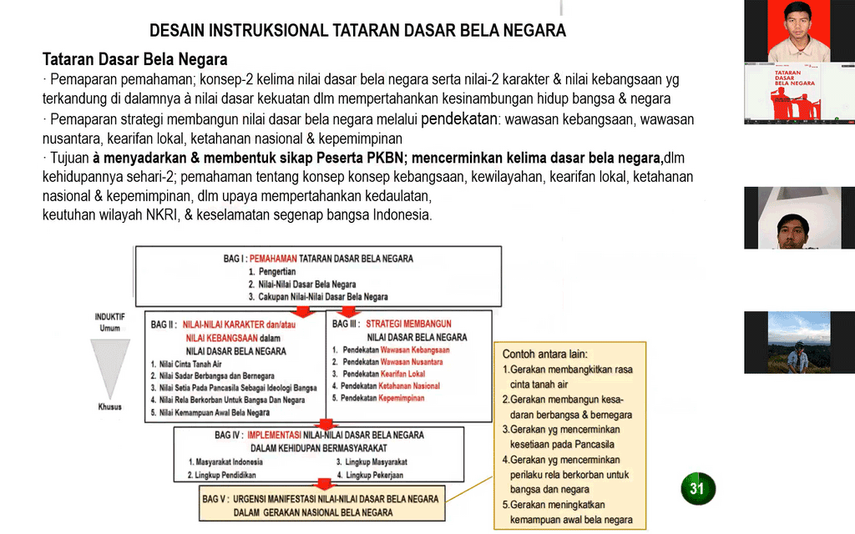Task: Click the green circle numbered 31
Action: click(x=697, y=489)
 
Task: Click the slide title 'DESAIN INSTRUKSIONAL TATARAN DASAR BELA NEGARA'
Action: click(x=357, y=31)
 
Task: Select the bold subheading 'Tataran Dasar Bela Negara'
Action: click(x=135, y=61)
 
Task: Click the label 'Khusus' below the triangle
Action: click(x=109, y=406)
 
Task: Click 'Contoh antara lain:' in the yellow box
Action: click(x=544, y=354)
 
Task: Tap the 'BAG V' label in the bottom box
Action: click(x=215, y=499)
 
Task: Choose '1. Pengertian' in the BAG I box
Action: click(x=272, y=272)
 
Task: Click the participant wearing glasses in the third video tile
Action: click(x=792, y=230)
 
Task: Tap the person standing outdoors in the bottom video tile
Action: click(x=798, y=357)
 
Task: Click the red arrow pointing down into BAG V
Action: click(x=318, y=484)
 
